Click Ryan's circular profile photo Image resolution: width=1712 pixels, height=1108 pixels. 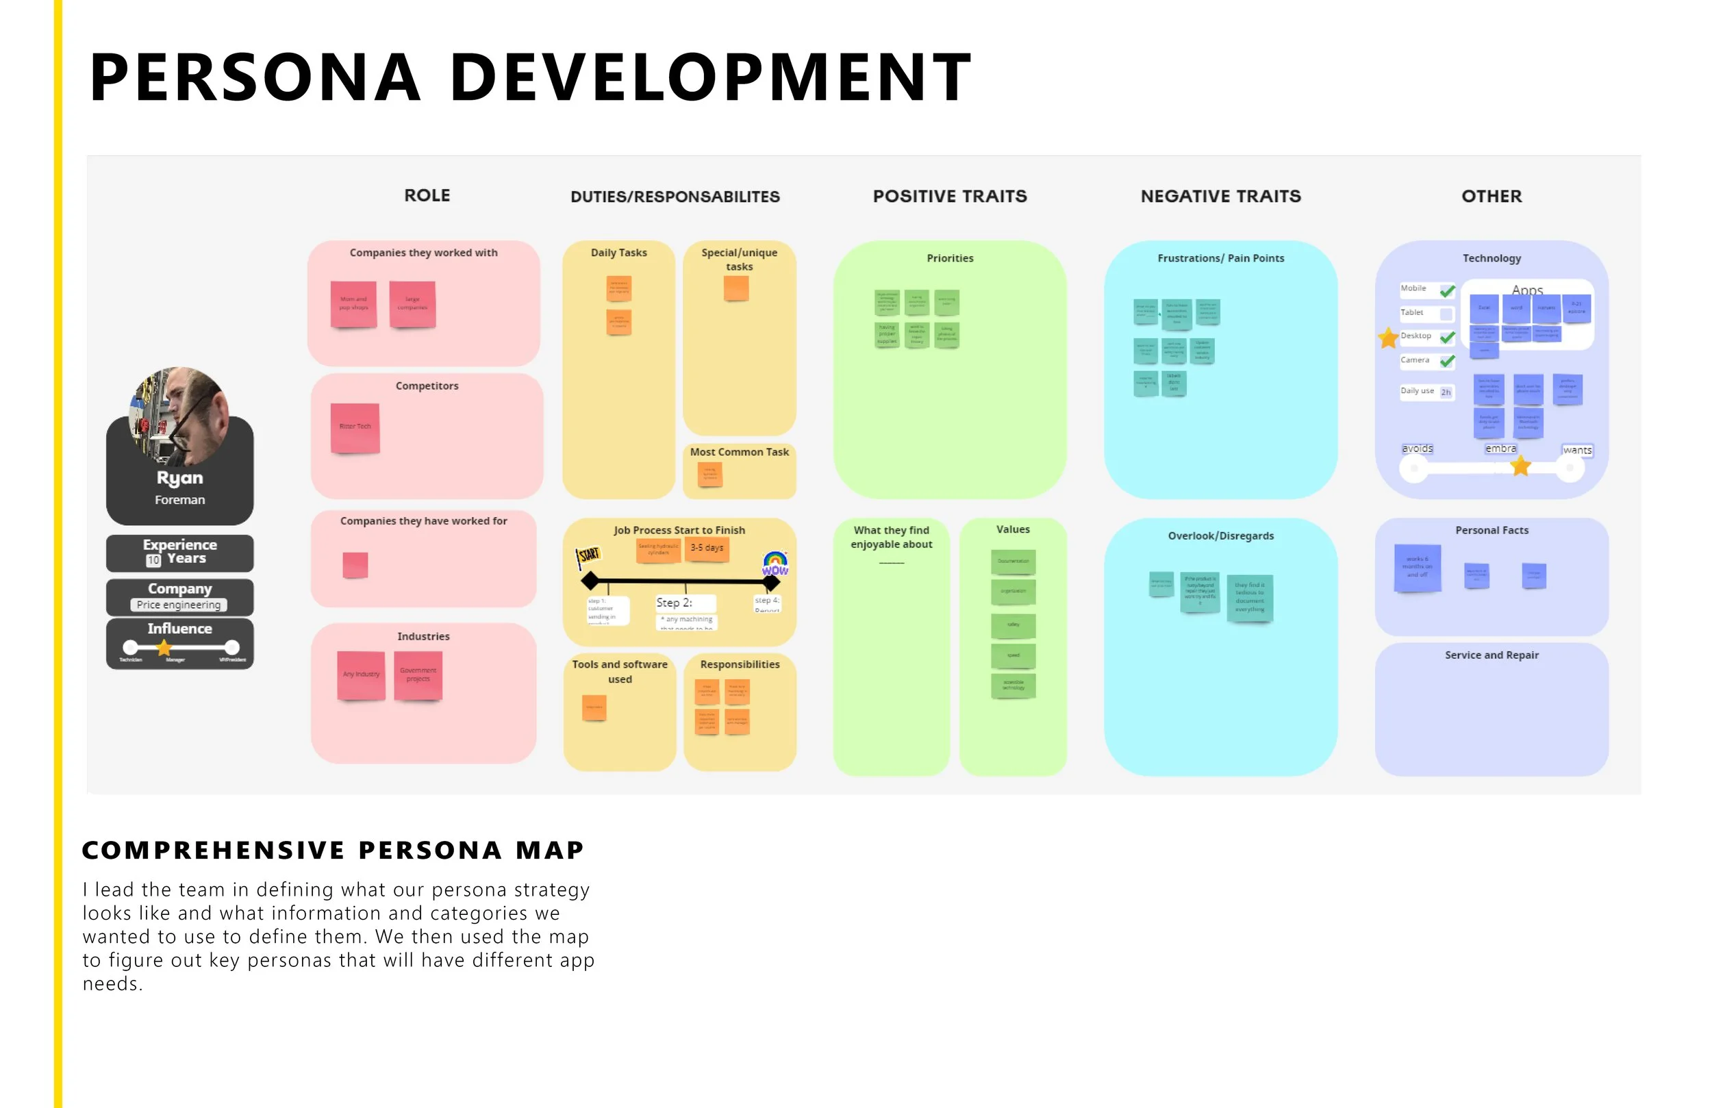tap(179, 416)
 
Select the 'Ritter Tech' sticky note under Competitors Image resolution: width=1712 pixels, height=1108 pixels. tap(355, 427)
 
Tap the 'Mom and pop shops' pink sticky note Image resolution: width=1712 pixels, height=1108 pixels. tap(353, 303)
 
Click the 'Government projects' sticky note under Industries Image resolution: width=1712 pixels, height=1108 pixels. tap(418, 675)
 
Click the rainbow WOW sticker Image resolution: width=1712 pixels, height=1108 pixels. tap(775, 564)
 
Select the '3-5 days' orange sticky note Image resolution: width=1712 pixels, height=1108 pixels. tap(707, 549)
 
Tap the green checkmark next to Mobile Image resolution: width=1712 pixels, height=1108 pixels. tap(1447, 290)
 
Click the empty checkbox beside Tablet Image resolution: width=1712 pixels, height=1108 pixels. tap(1446, 314)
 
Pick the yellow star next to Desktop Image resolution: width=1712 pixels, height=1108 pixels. tap(1388, 338)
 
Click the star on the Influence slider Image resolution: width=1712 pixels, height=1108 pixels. tap(164, 648)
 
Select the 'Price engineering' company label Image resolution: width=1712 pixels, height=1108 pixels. tap(179, 605)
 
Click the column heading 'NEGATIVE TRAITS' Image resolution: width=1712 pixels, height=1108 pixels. tap(1221, 197)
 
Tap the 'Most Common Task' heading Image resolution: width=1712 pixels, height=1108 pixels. tap(740, 452)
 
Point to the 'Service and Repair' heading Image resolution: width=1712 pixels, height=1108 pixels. tap(1491, 655)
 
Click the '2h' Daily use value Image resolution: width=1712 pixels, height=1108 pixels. tap(1446, 392)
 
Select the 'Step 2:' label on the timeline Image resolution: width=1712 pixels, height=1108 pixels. tap(674, 603)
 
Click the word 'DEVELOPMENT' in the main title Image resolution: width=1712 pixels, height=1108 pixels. tap(711, 77)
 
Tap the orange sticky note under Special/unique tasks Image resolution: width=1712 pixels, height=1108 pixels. tap(736, 288)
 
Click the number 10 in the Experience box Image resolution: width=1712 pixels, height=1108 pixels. tap(153, 559)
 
